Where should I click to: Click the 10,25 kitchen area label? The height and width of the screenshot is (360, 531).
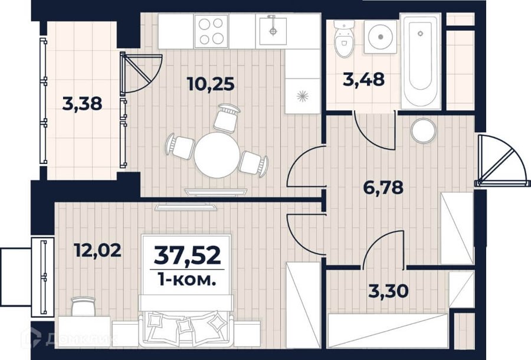pyautogui.click(x=210, y=84)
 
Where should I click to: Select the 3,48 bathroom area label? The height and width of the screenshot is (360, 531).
pyautogui.click(x=363, y=80)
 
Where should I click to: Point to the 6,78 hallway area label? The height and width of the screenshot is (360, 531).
pyautogui.click(x=383, y=187)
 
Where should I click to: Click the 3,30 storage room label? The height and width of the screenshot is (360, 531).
pyautogui.click(x=388, y=291)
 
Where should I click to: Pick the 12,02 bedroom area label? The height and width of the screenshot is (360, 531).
pyautogui.click(x=97, y=251)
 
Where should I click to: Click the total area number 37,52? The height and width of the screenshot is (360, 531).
pyautogui.click(x=187, y=256)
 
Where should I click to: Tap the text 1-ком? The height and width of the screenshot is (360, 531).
pyautogui.click(x=187, y=280)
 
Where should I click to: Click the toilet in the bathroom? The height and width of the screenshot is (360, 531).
pyautogui.click(x=344, y=38)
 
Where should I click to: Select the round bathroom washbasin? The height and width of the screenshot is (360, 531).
pyautogui.click(x=381, y=37)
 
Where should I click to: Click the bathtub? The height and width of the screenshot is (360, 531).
pyautogui.click(x=421, y=61)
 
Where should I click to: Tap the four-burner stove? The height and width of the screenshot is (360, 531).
pyautogui.click(x=211, y=31)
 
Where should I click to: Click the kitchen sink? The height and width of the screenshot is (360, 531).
pyautogui.click(x=273, y=30)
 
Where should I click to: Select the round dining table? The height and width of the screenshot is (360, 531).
pyautogui.click(x=217, y=155)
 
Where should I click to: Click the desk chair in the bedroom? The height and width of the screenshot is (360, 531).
pyautogui.click(x=83, y=306)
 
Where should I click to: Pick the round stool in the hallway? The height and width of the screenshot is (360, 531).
pyautogui.click(x=424, y=130)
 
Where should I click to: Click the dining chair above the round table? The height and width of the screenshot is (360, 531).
pyautogui.click(x=226, y=118)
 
